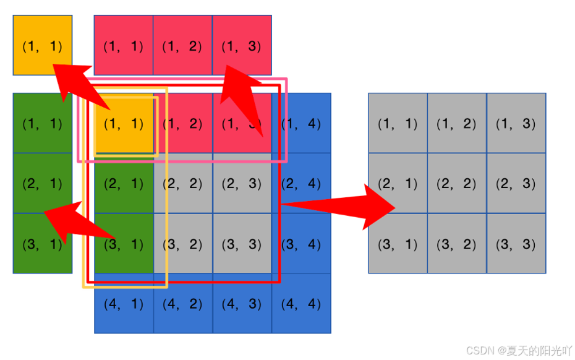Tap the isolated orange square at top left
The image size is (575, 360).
click(42, 45)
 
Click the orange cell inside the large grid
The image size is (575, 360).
click(124, 123)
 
